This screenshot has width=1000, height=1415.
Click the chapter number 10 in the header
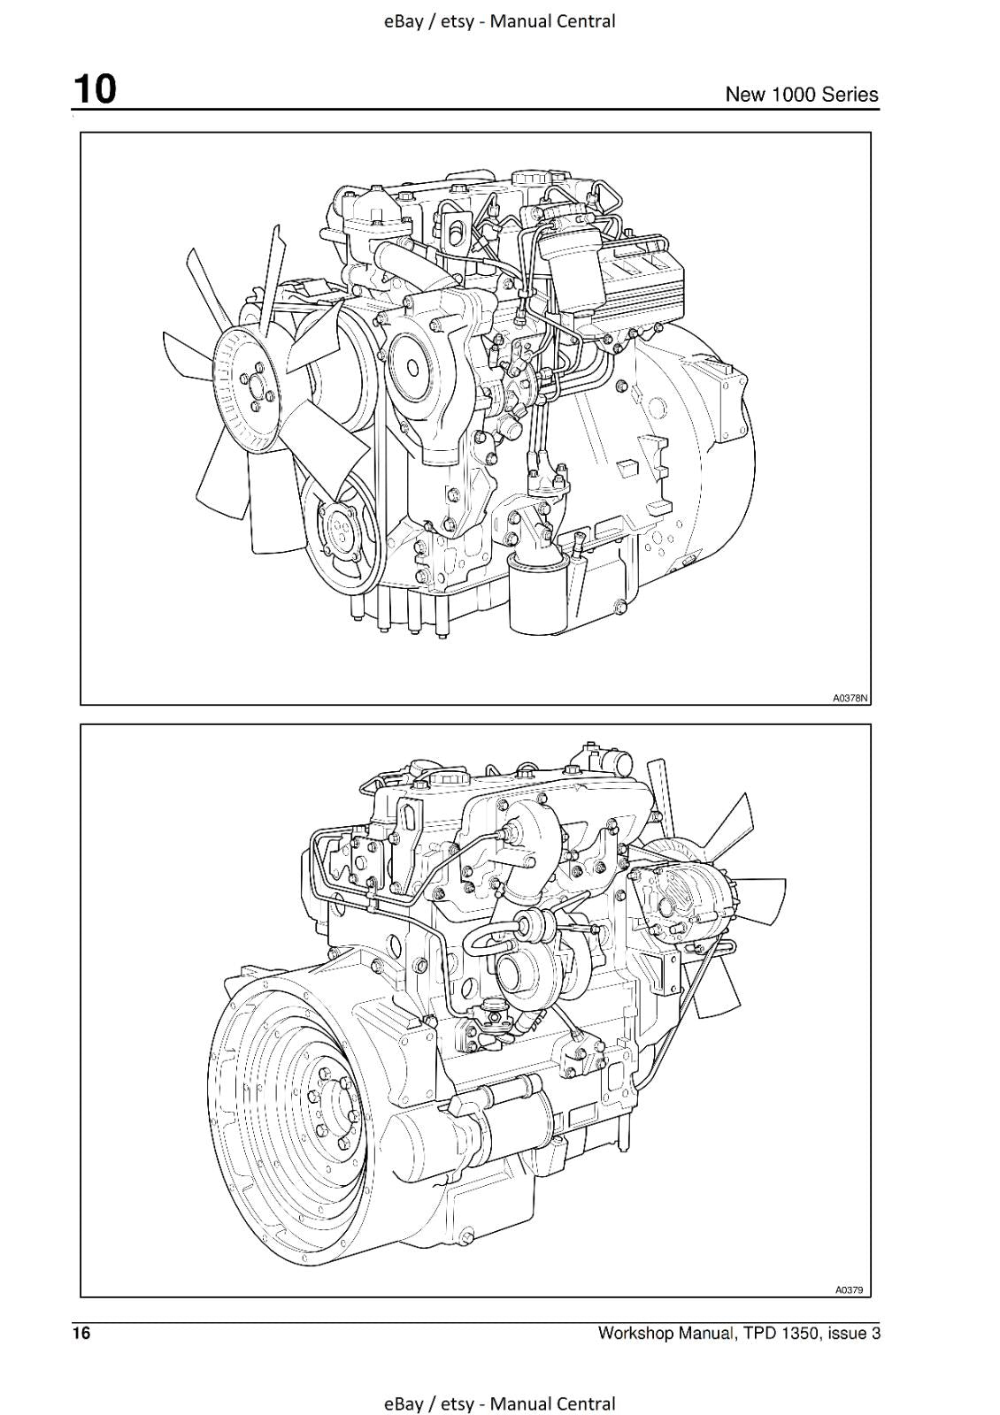point(94,89)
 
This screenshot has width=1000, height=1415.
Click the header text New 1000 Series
point(801,95)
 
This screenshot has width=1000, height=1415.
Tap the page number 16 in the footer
point(81,1334)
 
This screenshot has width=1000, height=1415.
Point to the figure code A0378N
point(850,698)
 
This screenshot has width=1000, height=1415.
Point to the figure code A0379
point(849,1290)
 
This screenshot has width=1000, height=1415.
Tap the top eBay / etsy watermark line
point(499,21)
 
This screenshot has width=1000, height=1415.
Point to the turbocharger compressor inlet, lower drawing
point(512,971)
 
